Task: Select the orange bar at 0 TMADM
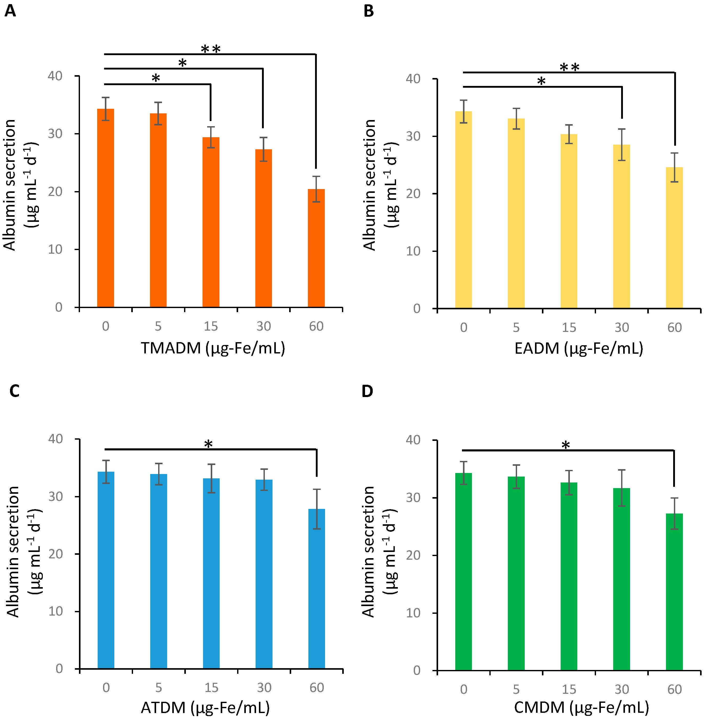pyautogui.click(x=105, y=208)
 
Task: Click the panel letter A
pyautogui.click(x=10, y=11)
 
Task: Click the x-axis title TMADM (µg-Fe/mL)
pyautogui.click(x=213, y=348)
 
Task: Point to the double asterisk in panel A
pyautogui.click(x=210, y=49)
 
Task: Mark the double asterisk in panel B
pyautogui.click(x=569, y=67)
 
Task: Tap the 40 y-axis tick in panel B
pyautogui.click(x=413, y=79)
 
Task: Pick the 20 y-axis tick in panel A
pyautogui.click(x=55, y=192)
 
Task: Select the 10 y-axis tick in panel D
pyautogui.click(x=413, y=613)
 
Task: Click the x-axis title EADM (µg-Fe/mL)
pyautogui.click(x=579, y=348)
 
